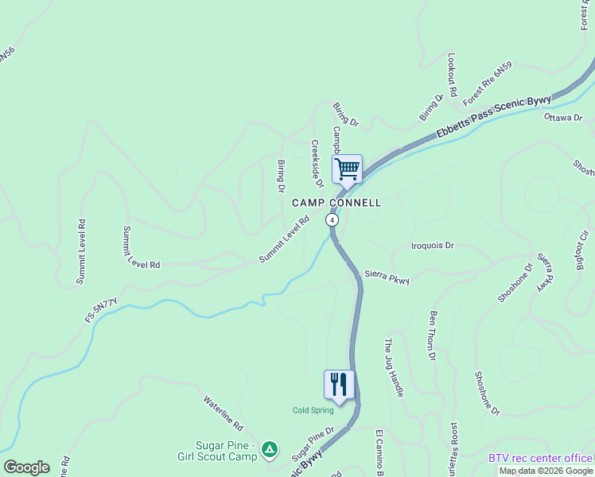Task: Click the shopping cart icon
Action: point(347,169)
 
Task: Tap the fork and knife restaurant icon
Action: point(339,385)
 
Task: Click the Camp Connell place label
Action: point(336,203)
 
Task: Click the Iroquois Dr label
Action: point(433,246)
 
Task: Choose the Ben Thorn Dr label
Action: point(434,335)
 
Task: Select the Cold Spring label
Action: point(313,410)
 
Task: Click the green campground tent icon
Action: point(270,451)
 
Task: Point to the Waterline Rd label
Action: point(222,414)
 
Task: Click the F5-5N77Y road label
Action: point(101,310)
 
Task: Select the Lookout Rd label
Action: point(452,76)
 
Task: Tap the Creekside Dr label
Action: point(315,159)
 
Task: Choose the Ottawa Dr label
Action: point(563,118)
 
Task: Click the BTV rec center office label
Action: point(540,458)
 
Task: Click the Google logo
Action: point(26,467)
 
